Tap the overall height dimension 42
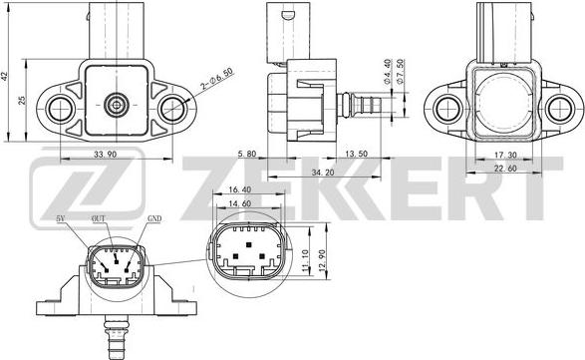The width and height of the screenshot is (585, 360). [6, 76]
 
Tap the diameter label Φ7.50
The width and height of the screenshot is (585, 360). [401, 73]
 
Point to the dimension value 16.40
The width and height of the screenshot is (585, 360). [240, 189]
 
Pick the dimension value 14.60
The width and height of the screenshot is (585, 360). [240, 203]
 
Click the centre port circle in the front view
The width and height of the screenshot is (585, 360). [117, 103]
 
